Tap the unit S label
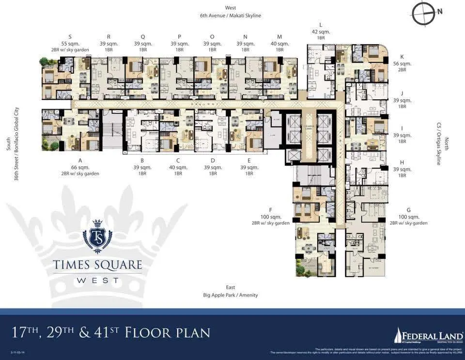pyautogui.click(x=70, y=36)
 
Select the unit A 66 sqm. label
pyautogui.click(x=80, y=167)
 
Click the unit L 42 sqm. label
pyautogui.click(x=321, y=31)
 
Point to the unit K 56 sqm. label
pyautogui.click(x=402, y=63)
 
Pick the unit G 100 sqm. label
pyautogui.click(x=409, y=217)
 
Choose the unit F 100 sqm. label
pyautogui.click(x=270, y=217)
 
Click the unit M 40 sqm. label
pyautogui.click(x=279, y=44)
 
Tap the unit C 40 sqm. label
pyautogui.click(x=178, y=167)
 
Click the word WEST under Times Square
pyautogui.click(x=97, y=281)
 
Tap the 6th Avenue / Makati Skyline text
pyautogui.click(x=231, y=16)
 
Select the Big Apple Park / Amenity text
pyautogui.click(x=231, y=295)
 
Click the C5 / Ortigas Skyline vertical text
pyautogui.click(x=439, y=143)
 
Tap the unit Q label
pyautogui.click(x=143, y=36)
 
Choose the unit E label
pyautogui.click(x=249, y=160)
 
